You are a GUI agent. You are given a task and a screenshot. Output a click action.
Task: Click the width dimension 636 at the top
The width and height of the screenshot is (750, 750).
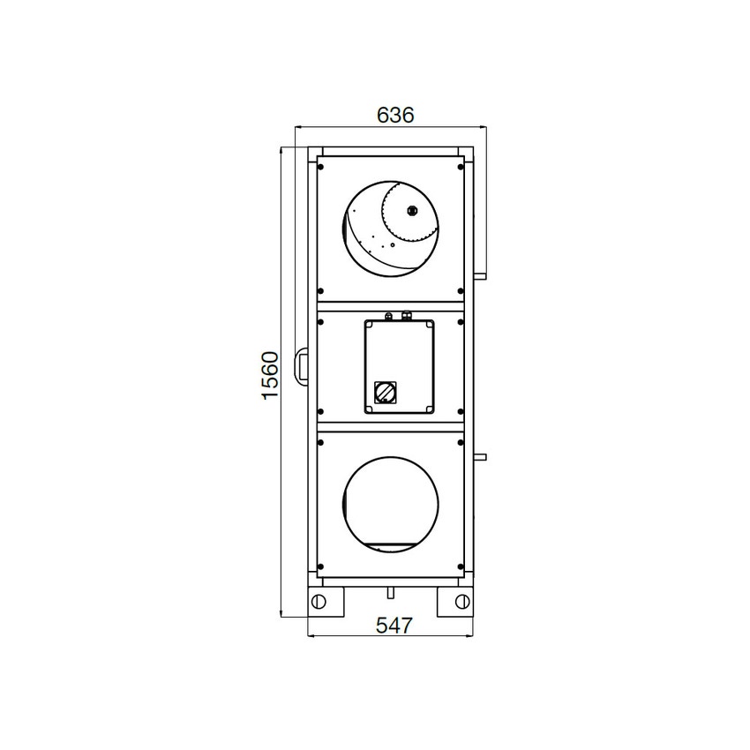click(394, 116)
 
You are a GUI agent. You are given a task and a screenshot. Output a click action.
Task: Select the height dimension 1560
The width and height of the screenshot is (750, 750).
click(270, 375)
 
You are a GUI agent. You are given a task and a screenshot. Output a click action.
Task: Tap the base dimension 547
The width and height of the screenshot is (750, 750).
click(394, 626)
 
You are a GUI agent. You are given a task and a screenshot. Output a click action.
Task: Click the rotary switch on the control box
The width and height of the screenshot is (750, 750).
click(386, 390)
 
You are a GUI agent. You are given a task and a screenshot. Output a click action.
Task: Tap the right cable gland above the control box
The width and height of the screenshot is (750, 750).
click(407, 313)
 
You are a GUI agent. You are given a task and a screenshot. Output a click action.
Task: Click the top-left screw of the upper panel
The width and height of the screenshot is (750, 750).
click(320, 166)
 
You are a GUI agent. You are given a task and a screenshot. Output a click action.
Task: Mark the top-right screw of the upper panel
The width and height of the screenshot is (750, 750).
click(461, 166)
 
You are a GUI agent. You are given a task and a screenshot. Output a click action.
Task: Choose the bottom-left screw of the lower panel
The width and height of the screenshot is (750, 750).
click(320, 566)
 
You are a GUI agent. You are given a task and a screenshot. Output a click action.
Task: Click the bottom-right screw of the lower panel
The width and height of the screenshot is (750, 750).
click(461, 566)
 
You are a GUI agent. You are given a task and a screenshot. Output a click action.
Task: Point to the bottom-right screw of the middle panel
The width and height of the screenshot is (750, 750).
click(461, 410)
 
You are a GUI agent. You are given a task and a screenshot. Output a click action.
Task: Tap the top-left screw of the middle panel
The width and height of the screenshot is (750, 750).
click(320, 322)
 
